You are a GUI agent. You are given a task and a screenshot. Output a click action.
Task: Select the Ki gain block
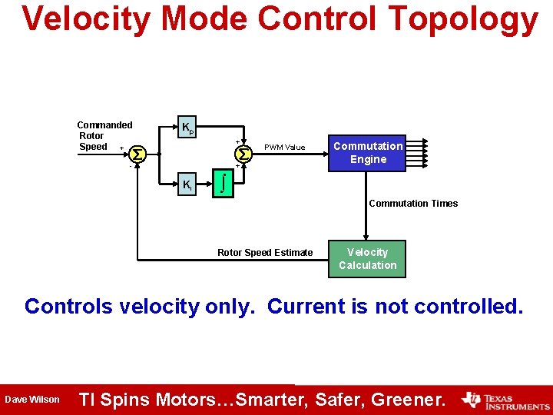click(x=187, y=184)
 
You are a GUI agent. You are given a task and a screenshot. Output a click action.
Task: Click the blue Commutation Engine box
click(x=368, y=152)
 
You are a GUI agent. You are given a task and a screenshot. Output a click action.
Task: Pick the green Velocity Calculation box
click(x=367, y=259)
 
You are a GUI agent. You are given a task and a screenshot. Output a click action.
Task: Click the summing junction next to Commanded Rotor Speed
click(x=137, y=154)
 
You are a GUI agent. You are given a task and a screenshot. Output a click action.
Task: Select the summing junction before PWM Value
click(x=243, y=154)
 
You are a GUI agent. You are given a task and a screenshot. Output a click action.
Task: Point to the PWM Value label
click(x=284, y=148)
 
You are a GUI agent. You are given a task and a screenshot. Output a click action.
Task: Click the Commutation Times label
click(x=413, y=204)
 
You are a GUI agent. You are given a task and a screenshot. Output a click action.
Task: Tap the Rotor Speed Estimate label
click(x=265, y=253)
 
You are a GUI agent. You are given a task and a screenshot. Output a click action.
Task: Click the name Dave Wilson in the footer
click(x=32, y=400)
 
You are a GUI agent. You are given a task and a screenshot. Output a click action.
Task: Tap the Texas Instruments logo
click(x=505, y=400)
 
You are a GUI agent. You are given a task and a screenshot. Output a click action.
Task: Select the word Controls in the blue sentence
click(x=68, y=307)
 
